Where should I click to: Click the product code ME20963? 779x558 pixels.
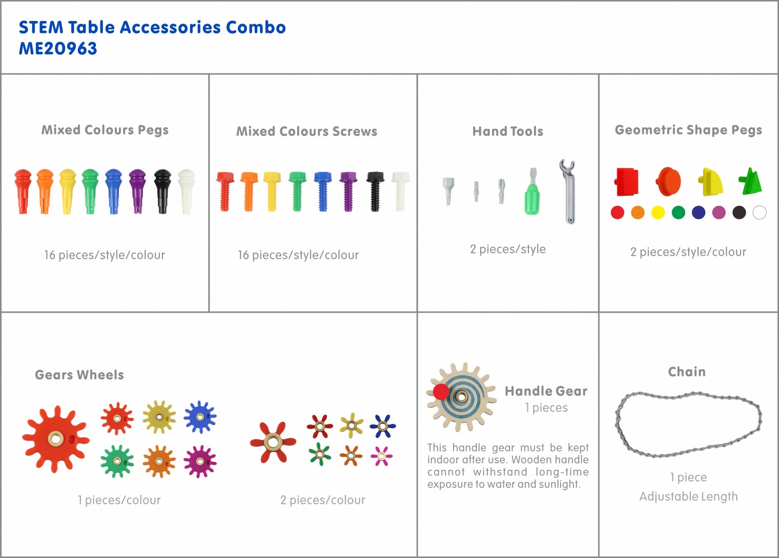58,49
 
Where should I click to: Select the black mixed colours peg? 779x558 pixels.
162,191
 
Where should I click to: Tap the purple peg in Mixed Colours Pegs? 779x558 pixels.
137,191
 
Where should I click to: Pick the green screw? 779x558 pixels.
297,191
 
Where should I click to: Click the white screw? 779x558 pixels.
401,191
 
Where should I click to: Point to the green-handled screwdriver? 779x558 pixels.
532,191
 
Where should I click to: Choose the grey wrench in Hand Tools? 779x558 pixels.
568,191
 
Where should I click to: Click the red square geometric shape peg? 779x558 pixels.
626,182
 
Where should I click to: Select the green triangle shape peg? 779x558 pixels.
750,181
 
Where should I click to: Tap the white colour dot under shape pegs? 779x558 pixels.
760,212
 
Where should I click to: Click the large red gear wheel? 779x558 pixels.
56,439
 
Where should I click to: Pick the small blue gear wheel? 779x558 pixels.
200,417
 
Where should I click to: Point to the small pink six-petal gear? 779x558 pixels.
381,456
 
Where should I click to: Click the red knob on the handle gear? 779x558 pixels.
441,392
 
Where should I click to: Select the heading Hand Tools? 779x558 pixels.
508,132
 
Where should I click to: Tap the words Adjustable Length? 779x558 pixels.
689,497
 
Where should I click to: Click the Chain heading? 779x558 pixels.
687,372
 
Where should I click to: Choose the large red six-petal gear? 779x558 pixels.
273,442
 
